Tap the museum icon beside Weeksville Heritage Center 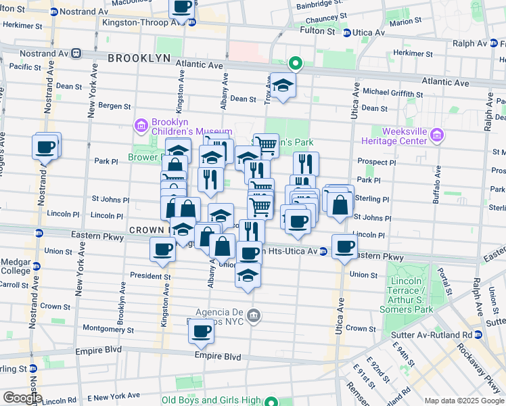point(436,136)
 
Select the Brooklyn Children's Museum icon point(141,125)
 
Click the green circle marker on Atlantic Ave point(295,64)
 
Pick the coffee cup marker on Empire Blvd point(201,332)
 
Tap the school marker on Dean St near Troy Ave point(282,85)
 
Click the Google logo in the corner point(22,398)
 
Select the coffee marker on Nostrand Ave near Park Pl point(46,147)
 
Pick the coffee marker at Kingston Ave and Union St point(163,250)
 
